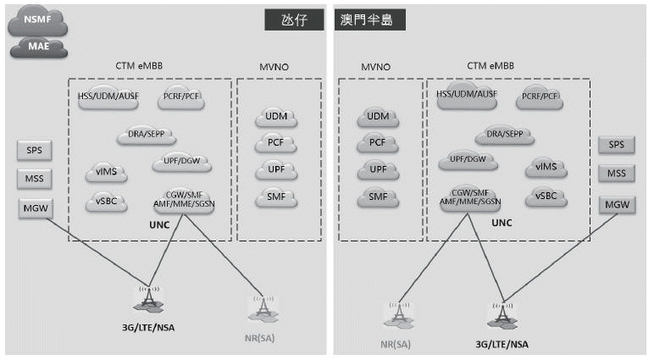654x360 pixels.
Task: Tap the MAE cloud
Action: pyautogui.click(x=36, y=46)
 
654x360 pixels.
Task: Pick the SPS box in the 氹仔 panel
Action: pyautogui.click(x=35, y=151)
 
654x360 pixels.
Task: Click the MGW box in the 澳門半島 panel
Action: pyautogui.click(x=616, y=204)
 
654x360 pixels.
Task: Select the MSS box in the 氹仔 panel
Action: pyautogui.click(x=35, y=179)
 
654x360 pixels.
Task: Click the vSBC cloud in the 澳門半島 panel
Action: pyautogui.click(x=546, y=197)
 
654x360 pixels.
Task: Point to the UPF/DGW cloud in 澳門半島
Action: pyautogui.click(x=468, y=160)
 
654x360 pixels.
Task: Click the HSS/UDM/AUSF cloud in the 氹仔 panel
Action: pyautogui.click(x=107, y=97)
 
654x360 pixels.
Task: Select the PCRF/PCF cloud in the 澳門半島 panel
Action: pyautogui.click(x=540, y=96)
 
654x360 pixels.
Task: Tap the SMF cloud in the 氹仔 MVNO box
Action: pyautogui.click(x=275, y=197)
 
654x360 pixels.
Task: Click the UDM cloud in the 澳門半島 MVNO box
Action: pyautogui.click(x=377, y=116)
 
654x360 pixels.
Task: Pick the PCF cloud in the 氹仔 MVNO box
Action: pyautogui.click(x=275, y=142)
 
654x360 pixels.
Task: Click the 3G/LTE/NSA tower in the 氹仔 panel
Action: pyautogui.click(x=150, y=299)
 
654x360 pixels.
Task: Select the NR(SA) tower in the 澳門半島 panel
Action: pyautogui.click(x=397, y=313)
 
